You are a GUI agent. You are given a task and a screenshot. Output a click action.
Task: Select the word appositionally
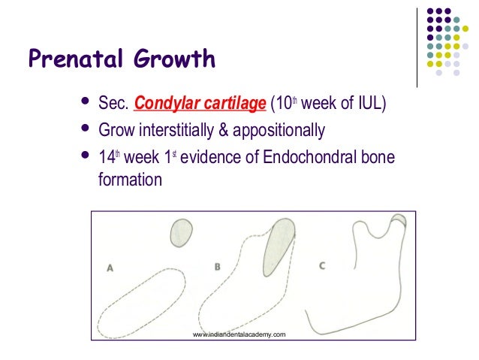(x=281, y=131)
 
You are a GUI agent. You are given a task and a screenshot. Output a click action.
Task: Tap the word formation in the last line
(x=130, y=180)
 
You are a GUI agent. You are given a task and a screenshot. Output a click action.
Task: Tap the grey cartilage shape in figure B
(x=278, y=244)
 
